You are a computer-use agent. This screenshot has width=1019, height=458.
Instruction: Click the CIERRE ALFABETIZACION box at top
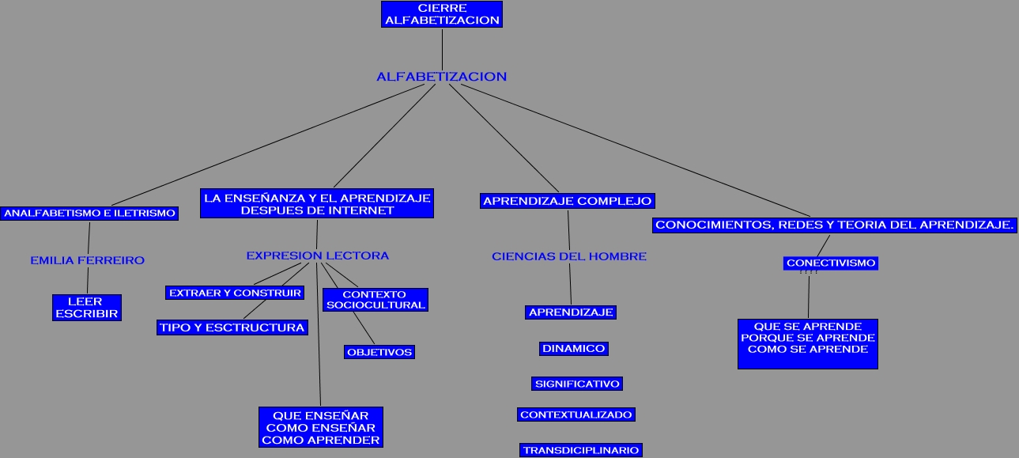tap(442, 14)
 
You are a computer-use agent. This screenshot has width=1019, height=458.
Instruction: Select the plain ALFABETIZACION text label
tap(441, 77)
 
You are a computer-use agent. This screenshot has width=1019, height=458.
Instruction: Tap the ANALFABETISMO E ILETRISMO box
tap(89, 213)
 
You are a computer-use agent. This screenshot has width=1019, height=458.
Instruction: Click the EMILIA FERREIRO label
tap(87, 260)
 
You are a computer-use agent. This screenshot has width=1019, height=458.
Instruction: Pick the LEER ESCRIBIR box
tap(87, 308)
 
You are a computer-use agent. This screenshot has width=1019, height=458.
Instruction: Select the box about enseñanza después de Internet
tap(317, 203)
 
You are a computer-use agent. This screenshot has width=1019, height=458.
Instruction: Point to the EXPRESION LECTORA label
tap(317, 255)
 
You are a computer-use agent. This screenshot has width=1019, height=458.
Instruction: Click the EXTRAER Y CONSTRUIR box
tap(235, 293)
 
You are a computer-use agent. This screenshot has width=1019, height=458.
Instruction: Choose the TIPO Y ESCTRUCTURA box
tap(232, 327)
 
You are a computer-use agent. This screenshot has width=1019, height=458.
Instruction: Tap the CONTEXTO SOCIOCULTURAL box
tap(376, 300)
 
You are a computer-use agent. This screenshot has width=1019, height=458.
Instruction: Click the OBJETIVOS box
tap(379, 352)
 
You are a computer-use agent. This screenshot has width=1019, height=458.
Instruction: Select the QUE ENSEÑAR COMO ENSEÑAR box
tap(321, 427)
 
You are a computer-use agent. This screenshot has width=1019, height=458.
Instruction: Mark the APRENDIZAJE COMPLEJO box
tap(567, 201)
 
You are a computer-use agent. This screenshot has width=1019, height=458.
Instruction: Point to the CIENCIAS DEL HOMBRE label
tap(569, 256)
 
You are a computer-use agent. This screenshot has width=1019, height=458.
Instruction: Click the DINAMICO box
tap(574, 348)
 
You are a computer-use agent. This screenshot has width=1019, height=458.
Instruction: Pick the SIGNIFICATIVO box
tap(577, 384)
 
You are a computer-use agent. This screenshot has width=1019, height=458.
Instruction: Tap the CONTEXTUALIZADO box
tap(576, 414)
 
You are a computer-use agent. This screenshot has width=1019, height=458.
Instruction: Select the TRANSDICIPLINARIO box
tap(580, 450)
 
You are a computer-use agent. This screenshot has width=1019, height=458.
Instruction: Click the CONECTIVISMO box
tap(831, 263)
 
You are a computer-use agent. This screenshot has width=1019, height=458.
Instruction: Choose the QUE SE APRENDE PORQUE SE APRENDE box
tap(807, 343)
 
